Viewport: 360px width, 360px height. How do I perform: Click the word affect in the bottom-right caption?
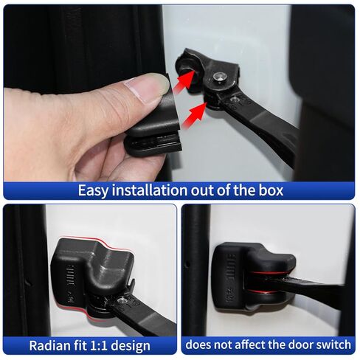(238, 345)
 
